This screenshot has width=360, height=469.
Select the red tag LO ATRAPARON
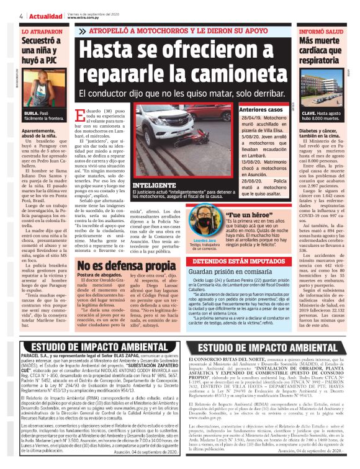pyautogui.click(x=38, y=30)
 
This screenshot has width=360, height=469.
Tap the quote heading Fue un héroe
pyautogui.click(x=253, y=215)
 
